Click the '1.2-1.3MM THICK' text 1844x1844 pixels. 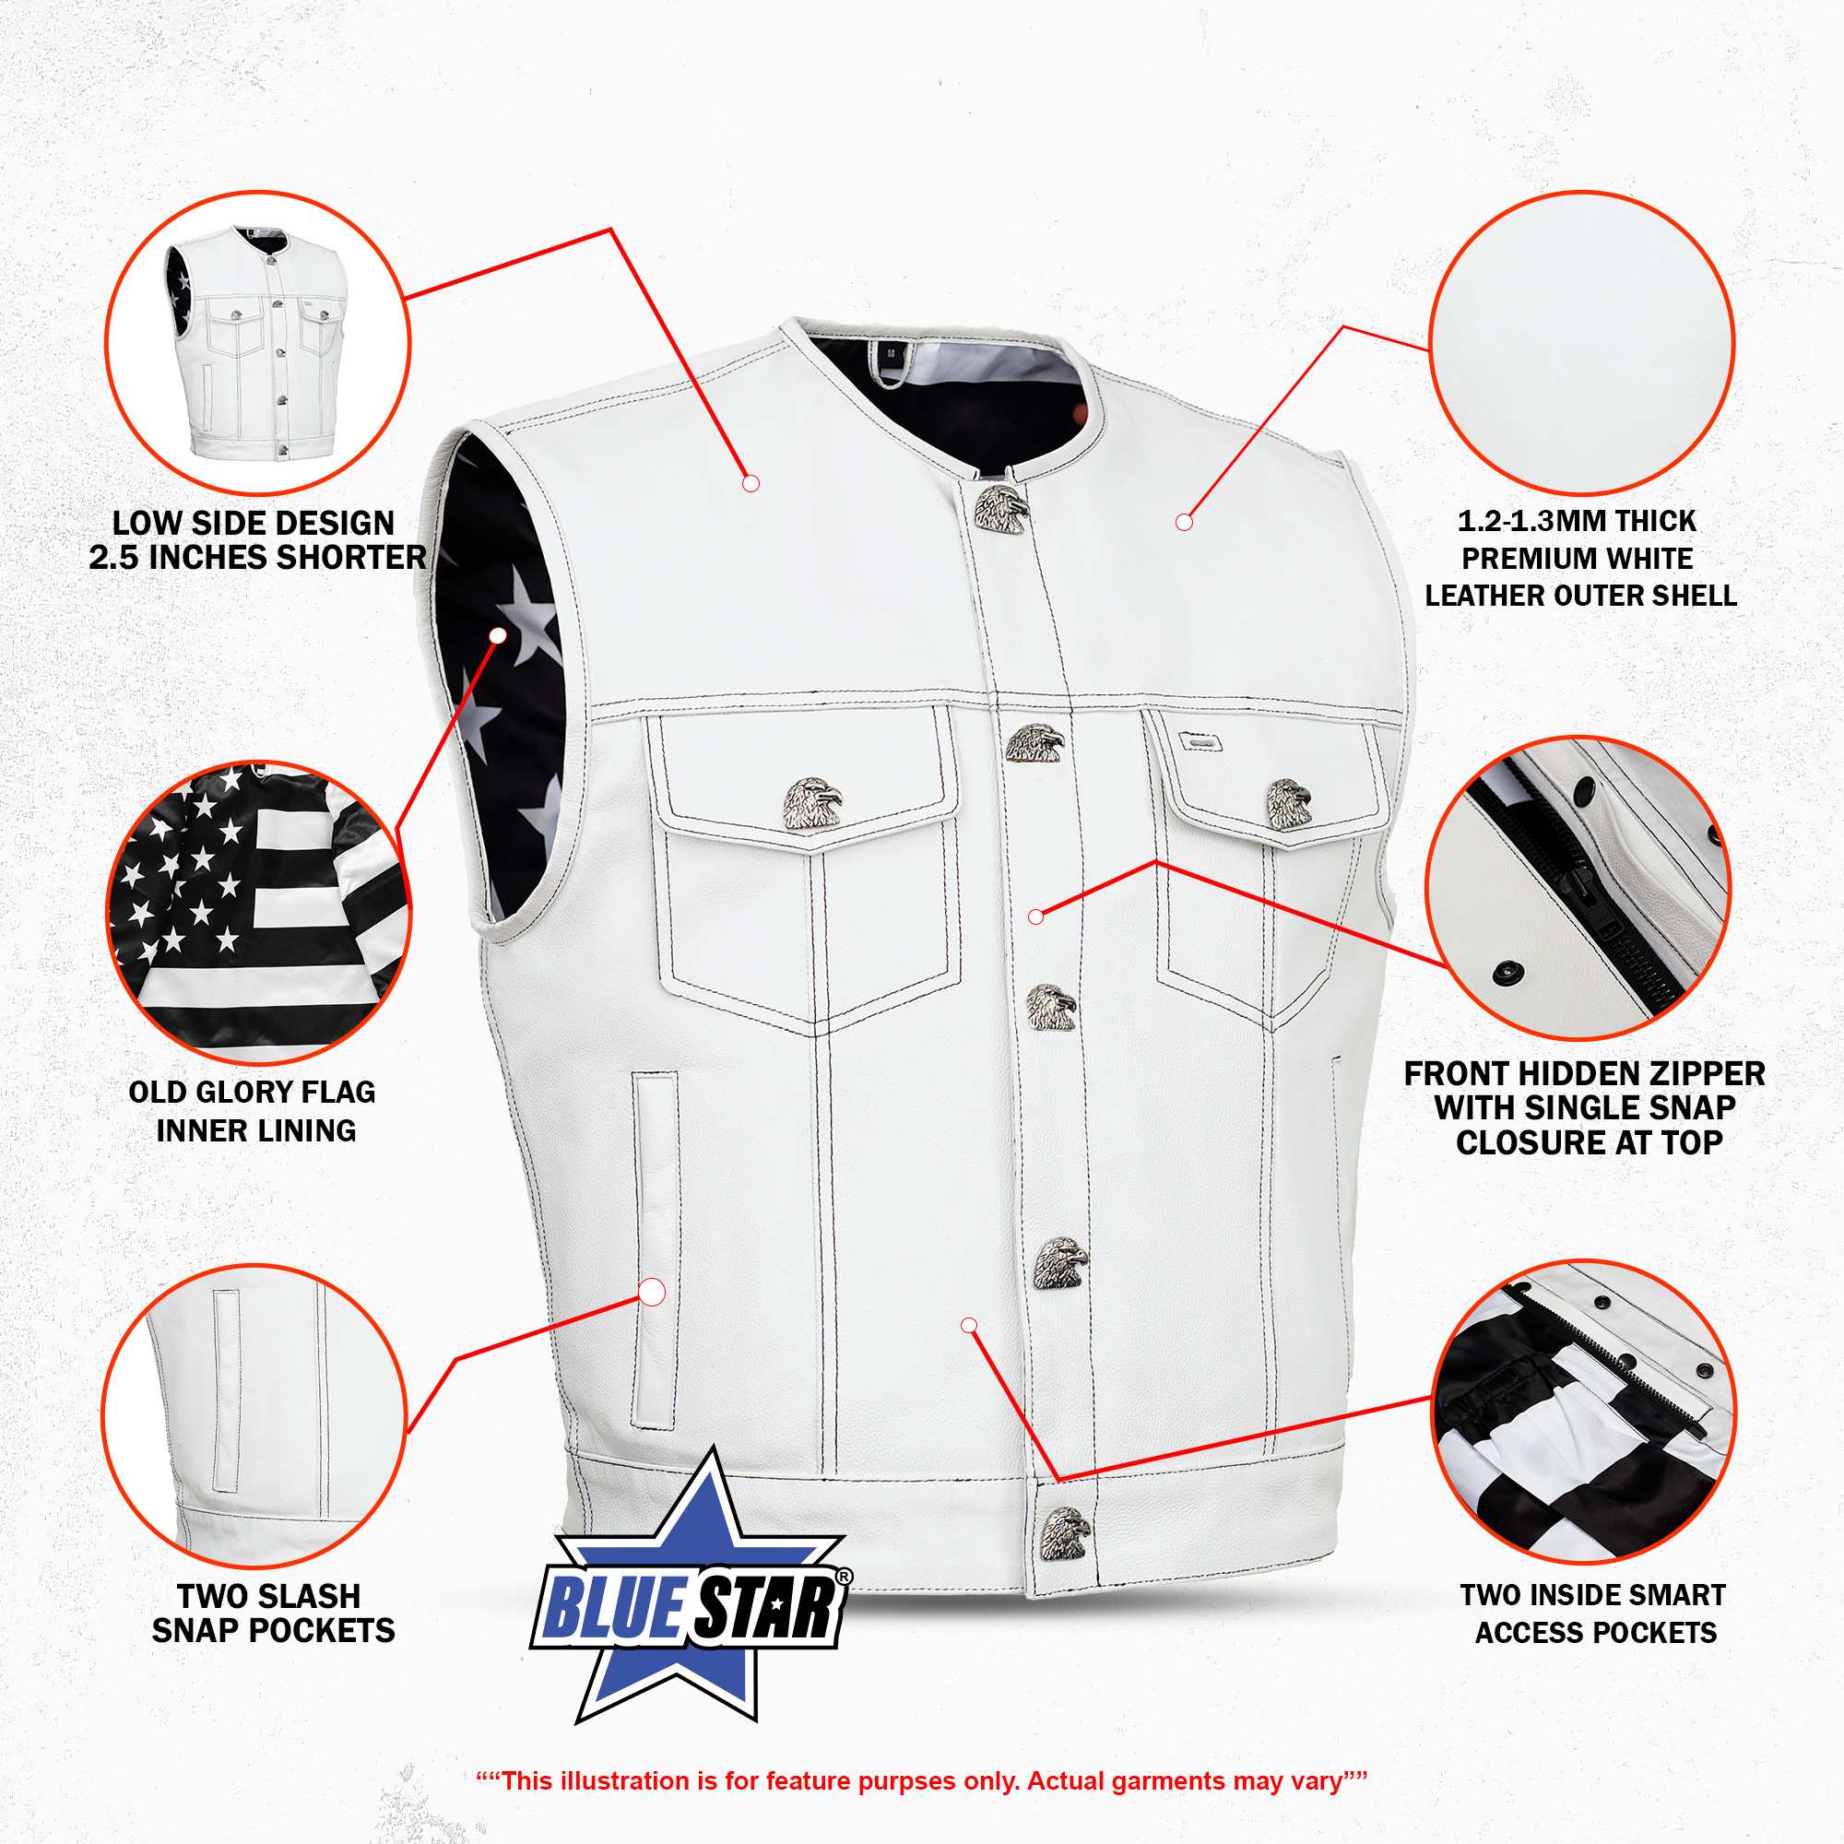1577,521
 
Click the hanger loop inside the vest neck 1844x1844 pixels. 890,362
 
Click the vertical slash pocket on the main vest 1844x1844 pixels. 655,1250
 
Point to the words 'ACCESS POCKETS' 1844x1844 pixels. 1596,1633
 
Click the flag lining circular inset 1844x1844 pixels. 258,913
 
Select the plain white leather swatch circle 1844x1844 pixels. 1581,344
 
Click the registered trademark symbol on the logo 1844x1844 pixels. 843,1578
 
